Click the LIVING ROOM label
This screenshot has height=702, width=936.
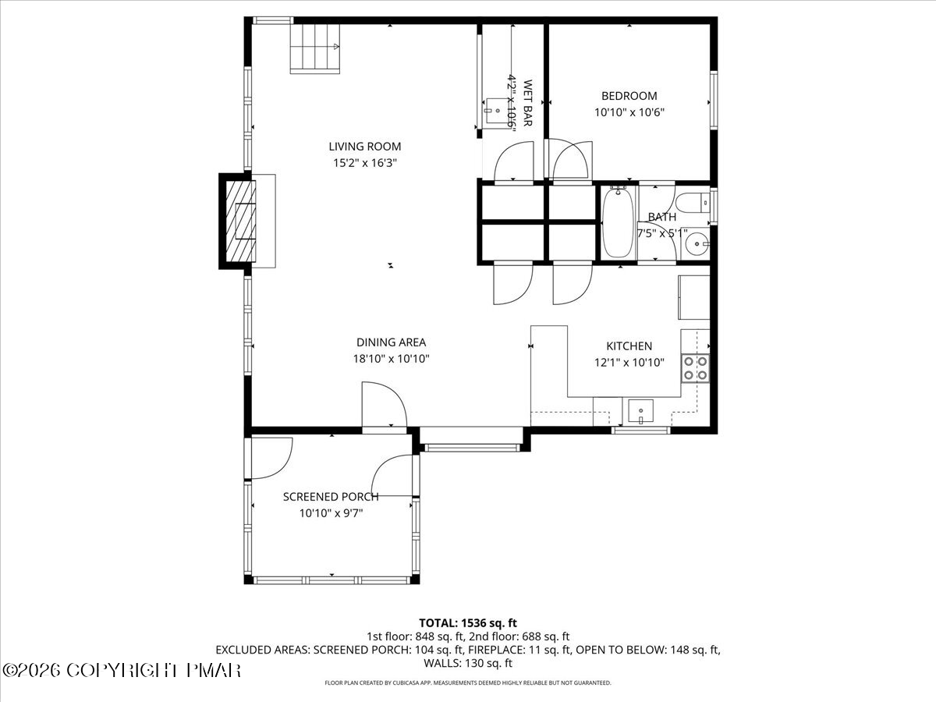click(x=364, y=146)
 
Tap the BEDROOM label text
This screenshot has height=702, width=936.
click(x=629, y=96)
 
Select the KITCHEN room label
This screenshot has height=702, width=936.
click(x=629, y=346)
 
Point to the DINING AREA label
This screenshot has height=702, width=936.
click(x=391, y=342)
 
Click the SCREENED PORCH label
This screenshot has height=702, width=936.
click(x=331, y=497)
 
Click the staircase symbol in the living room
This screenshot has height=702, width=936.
click(x=315, y=48)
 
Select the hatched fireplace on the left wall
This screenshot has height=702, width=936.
click(x=240, y=221)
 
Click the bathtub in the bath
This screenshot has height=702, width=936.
click(x=618, y=222)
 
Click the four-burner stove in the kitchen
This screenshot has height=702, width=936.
click(x=695, y=367)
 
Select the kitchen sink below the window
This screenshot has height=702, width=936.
click(x=640, y=409)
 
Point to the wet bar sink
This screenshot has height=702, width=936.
click(x=495, y=107)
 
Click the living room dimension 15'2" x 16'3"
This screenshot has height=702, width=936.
click(x=364, y=163)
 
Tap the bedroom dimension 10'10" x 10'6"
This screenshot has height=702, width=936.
click(x=629, y=112)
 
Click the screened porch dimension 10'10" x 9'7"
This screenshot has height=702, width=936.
click(x=331, y=513)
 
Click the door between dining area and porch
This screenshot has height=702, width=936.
click(x=384, y=406)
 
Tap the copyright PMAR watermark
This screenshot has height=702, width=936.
click(x=122, y=670)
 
